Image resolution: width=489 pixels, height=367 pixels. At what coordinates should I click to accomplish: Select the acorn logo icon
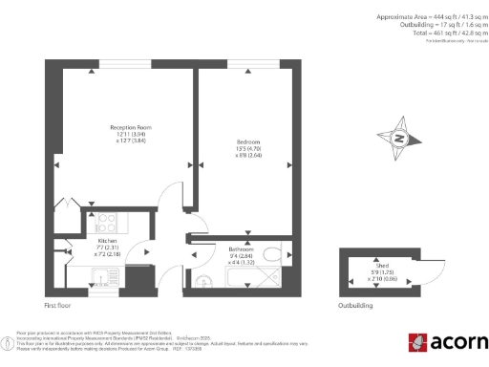pos(418,342)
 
